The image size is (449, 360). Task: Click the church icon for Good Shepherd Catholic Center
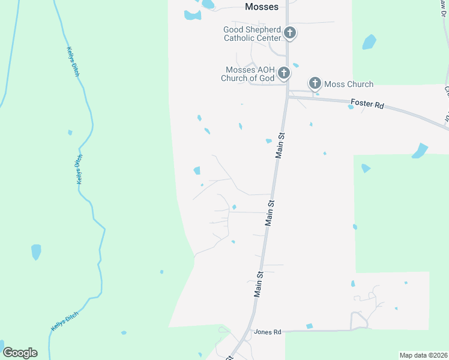(x=290, y=33)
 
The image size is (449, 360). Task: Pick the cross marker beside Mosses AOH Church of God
(x=283, y=74)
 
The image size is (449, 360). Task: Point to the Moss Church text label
(x=349, y=84)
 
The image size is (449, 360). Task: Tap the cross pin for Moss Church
(x=315, y=83)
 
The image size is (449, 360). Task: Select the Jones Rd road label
(x=268, y=332)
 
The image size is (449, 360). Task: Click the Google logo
(x=20, y=352)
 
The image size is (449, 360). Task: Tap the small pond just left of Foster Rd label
(x=351, y=107)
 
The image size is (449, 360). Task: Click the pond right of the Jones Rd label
(x=310, y=326)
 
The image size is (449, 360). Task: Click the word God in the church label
(x=267, y=78)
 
